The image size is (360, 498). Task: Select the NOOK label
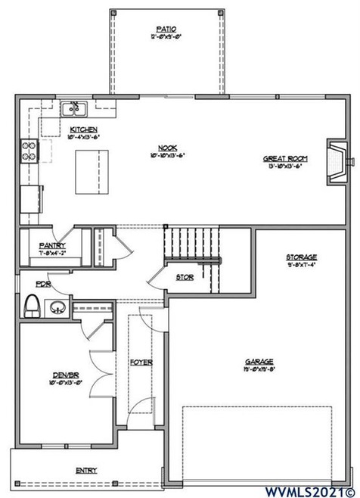coord(167,148)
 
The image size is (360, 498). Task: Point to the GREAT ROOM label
coord(284,159)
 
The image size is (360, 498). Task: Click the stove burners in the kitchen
coord(28,151)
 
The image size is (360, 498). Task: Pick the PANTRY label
coord(52,245)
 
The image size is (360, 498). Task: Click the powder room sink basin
coord(57,308)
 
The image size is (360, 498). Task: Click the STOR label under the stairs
coord(185,278)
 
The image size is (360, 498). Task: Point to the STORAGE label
coord(301,257)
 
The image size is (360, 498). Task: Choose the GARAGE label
coord(259,361)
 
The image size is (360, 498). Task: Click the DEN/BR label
coord(65,375)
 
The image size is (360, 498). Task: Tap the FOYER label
coord(141,362)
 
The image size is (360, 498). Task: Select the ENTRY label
coord(86,470)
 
